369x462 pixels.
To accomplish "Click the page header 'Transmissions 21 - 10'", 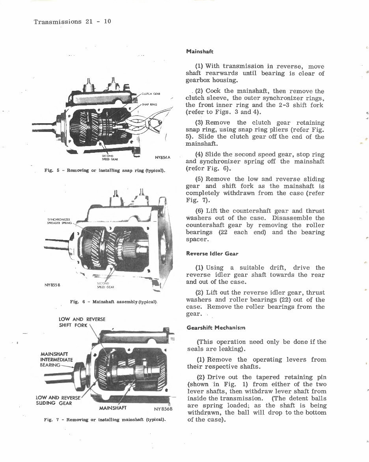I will tap(72, 22).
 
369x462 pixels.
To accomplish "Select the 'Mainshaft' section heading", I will tap(199, 51).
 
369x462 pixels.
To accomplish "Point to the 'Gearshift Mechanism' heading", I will tap(216, 327).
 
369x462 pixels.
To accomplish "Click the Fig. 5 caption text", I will tap(105, 171).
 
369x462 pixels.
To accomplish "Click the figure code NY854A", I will tap(162, 158).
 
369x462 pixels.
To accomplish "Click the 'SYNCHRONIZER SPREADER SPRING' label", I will tap(59, 221).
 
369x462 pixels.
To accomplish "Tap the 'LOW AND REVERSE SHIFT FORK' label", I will tap(82, 322).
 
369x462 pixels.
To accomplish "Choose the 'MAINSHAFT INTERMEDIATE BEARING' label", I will tap(56, 359).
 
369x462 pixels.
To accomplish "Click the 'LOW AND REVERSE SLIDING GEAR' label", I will tap(58, 400).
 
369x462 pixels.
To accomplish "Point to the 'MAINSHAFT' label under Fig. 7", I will tap(113, 407).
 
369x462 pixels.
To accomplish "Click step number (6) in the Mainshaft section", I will tap(199, 210).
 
